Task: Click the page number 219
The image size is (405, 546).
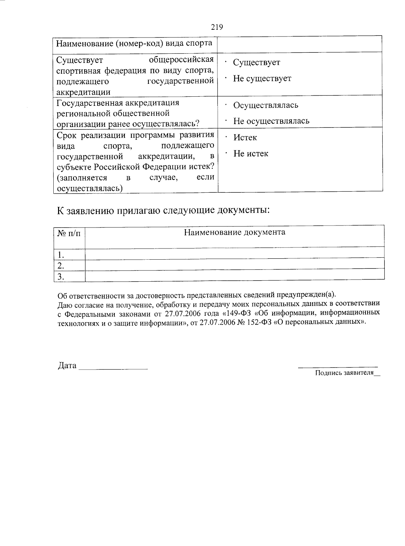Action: tap(217, 27)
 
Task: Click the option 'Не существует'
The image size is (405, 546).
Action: tap(262, 78)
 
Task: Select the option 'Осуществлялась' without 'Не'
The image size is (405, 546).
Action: tap(266, 105)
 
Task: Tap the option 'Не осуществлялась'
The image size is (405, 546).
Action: tap(271, 121)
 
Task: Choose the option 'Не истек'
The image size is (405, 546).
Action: tap(251, 153)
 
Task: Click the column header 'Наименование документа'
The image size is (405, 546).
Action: tap(235, 232)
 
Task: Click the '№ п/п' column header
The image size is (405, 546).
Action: tap(69, 234)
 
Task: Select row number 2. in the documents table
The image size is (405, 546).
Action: tap(61, 265)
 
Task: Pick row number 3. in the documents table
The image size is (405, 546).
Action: tap(61, 277)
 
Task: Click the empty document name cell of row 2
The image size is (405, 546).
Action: tap(235, 264)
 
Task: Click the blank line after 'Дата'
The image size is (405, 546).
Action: tap(113, 367)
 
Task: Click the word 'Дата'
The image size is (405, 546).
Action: tap(67, 366)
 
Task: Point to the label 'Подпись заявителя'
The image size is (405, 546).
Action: tap(344, 373)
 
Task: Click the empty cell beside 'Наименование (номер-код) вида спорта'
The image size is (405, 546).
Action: tap(300, 44)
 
